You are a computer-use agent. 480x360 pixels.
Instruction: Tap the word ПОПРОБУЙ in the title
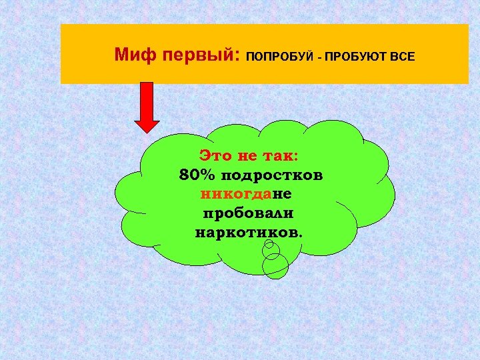[279, 56]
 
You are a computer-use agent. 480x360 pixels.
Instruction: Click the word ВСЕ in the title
[402, 56]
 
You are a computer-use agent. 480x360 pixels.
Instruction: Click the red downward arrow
[147, 106]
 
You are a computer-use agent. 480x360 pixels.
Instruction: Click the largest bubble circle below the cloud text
[275, 266]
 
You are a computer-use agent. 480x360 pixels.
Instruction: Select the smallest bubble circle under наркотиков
[269, 244]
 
